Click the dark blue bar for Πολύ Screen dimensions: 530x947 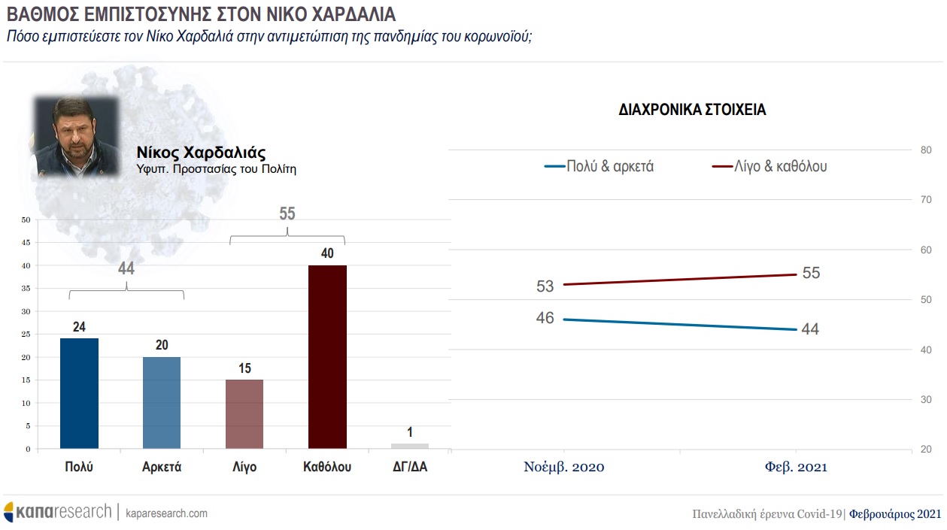coord(79,393)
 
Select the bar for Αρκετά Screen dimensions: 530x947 coord(162,402)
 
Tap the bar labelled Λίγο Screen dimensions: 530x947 coord(244,413)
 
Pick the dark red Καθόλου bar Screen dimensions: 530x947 coord(327,356)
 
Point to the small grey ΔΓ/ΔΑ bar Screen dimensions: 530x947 coord(410,446)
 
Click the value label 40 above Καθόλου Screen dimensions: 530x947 coord(327,254)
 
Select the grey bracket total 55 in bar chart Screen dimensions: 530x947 coord(287,214)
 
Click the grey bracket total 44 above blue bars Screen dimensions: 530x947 coord(126,269)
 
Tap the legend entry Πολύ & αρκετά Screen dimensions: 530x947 coord(599,167)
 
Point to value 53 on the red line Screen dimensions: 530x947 coord(545,286)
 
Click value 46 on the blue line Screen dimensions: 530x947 coord(545,318)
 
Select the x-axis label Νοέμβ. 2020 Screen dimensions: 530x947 coord(563,467)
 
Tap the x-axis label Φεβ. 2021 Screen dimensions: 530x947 coord(796,467)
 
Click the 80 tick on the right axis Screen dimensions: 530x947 coord(926,150)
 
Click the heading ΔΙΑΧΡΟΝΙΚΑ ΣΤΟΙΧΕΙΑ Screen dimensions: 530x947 coord(691,110)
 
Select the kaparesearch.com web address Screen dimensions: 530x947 coord(166,513)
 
